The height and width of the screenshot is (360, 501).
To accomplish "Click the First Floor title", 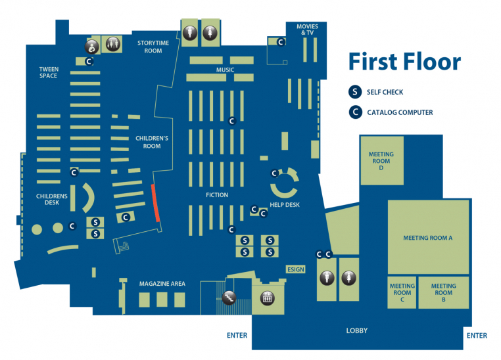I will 404,62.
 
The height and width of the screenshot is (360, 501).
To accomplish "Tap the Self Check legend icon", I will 356,92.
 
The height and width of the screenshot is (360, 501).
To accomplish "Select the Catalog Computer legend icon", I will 356,112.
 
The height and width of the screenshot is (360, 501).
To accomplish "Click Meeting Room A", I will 428,237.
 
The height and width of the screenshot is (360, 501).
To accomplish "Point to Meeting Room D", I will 381,161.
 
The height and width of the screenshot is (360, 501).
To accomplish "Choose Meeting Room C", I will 402,292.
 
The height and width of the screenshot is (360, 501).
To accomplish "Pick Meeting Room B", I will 443,292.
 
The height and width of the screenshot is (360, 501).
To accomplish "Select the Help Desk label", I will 285,205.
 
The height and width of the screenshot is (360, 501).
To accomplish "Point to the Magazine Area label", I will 162,284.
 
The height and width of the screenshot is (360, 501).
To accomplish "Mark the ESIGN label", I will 295,269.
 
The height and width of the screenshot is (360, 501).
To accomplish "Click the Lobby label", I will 356,330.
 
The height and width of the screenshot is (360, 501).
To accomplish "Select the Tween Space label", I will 49,72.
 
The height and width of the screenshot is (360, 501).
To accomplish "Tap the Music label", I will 225,70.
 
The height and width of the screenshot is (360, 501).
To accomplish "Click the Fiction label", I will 216,195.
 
